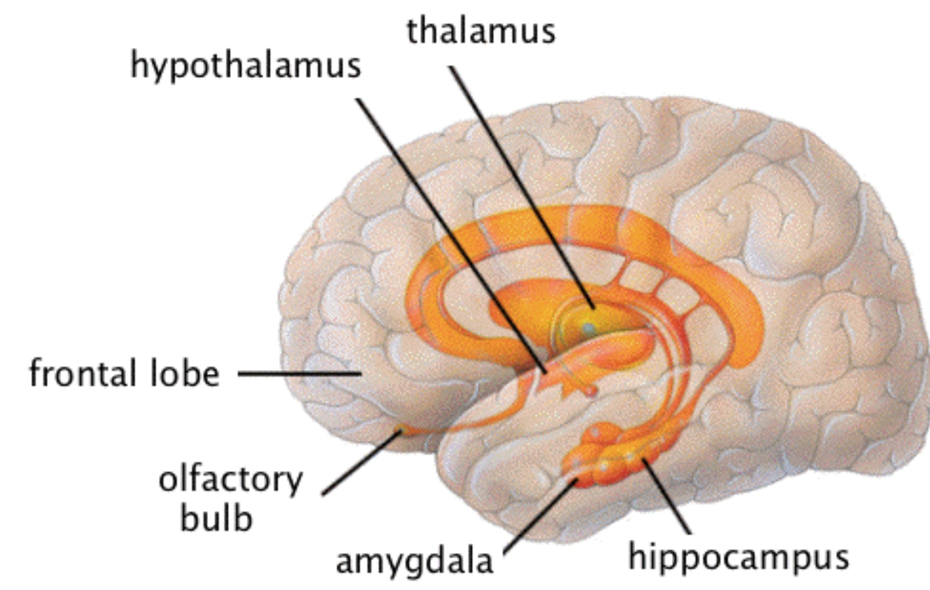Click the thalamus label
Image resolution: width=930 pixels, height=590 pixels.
coord(481,31)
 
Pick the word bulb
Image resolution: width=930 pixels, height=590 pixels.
coord(216,518)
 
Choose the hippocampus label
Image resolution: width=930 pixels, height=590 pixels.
coord(738,557)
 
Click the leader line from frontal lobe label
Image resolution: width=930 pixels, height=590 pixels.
coord(299,373)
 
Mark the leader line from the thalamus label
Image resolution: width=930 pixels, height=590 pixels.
coord(520,185)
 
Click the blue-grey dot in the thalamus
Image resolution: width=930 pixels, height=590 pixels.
coord(589,329)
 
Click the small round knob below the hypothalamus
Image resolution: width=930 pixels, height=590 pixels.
coord(591,390)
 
